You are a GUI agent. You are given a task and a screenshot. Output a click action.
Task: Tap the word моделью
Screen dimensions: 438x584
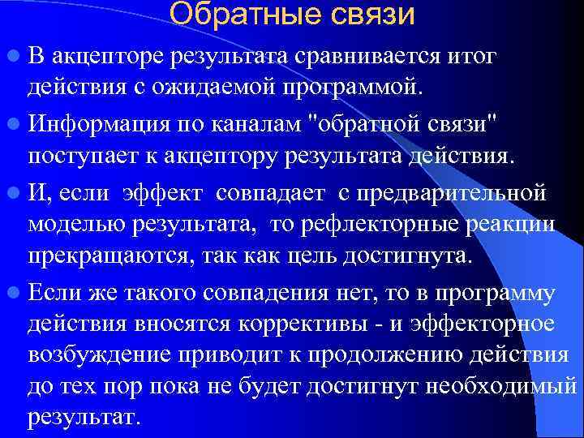click(70, 225)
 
